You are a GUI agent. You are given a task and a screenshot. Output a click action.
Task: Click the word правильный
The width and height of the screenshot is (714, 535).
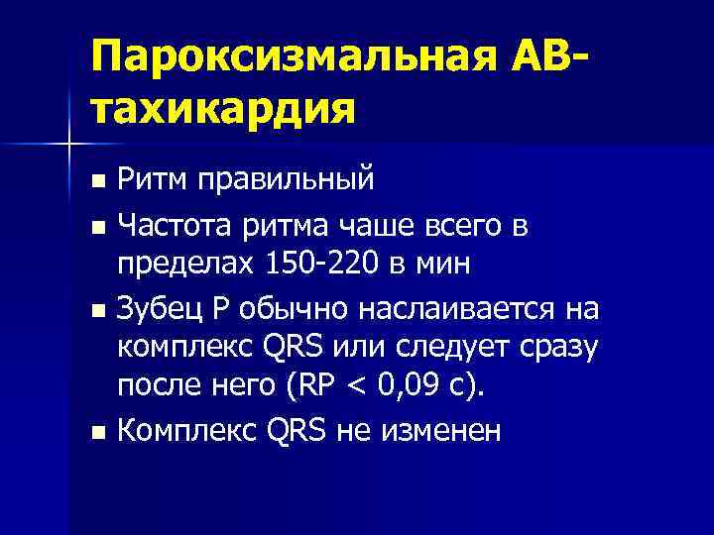point(286,180)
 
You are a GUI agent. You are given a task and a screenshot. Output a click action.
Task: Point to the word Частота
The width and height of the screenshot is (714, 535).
point(174,227)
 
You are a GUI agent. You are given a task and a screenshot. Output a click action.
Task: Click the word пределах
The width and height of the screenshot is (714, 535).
point(185,266)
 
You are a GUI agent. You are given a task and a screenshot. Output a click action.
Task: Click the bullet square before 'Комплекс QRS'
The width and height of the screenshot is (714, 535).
point(96,433)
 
